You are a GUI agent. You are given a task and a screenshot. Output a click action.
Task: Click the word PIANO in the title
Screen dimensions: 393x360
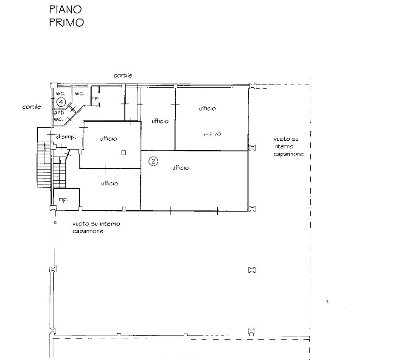pos(65,9)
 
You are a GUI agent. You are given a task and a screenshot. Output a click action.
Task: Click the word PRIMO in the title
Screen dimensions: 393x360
pos(66,22)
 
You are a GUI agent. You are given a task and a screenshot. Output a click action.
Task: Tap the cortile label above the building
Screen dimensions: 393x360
pos(123,75)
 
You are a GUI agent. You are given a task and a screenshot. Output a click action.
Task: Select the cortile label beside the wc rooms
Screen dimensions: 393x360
pos(31,107)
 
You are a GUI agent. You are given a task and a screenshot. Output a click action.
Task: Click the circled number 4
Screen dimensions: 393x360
pos(61,102)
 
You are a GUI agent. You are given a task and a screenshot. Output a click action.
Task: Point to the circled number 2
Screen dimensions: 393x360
pos(153,161)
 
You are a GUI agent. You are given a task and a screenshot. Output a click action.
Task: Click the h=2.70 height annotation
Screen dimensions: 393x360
pos(212,134)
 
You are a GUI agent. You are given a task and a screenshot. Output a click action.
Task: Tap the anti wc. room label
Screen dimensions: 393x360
pos(59,116)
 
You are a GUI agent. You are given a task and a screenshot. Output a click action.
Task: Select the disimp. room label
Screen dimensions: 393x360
pos(66,137)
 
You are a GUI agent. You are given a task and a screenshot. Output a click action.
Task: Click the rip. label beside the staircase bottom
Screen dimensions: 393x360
pos(63,200)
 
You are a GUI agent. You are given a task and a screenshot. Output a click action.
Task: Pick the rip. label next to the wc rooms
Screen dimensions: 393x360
pos(96,98)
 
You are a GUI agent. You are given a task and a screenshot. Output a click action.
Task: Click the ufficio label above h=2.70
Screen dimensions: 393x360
pos(207,109)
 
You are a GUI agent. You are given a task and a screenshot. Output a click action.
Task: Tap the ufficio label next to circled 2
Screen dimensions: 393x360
pos(180,168)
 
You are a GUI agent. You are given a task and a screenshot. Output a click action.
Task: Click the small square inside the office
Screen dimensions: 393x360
pos(124,153)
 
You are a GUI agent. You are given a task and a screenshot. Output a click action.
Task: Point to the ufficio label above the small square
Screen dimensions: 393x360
pos(109,138)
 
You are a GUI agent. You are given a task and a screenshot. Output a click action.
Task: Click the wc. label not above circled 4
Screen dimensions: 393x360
pos(80,94)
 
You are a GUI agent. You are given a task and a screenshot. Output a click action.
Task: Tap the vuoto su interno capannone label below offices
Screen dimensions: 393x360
pos(96,227)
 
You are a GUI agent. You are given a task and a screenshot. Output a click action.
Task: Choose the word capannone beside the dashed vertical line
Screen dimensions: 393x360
pos(289,154)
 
